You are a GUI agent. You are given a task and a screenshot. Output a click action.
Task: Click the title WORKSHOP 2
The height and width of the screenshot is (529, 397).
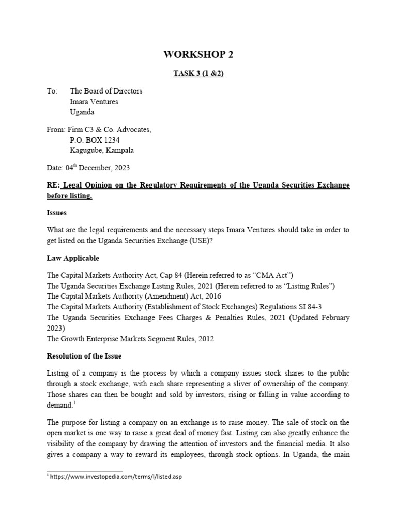click(198, 54)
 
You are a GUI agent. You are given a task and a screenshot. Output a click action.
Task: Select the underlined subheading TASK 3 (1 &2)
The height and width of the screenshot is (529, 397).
click(198, 74)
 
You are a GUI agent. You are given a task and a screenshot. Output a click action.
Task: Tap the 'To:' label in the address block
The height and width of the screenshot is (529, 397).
click(52, 91)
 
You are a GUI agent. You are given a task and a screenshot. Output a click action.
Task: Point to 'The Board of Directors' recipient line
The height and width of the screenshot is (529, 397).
click(106, 91)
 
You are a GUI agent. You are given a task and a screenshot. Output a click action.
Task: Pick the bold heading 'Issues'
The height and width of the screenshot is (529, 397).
click(57, 212)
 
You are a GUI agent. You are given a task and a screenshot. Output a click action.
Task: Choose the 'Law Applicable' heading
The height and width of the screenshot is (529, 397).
click(73, 258)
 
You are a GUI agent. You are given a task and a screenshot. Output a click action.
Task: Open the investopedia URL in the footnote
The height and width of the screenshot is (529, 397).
click(116, 477)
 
